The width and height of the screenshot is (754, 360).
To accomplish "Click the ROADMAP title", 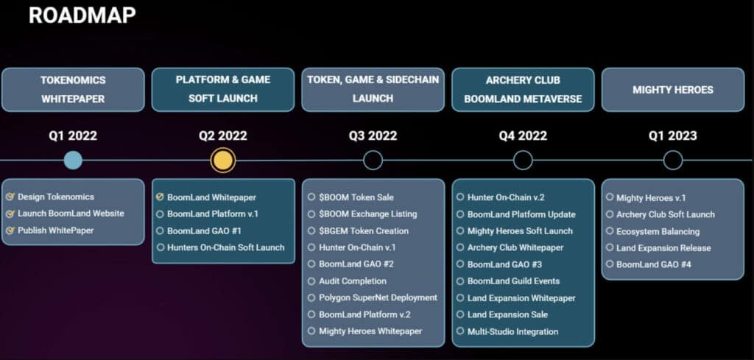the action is (x=82, y=16).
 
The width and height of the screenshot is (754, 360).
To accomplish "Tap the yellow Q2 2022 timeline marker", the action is (x=223, y=160).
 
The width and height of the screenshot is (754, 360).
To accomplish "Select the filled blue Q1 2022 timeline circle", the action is (x=73, y=160).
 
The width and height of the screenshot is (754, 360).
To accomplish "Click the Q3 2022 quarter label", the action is (x=373, y=136).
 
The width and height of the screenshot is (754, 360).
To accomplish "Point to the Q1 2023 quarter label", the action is (x=673, y=136).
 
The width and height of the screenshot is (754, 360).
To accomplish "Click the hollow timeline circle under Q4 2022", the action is (x=524, y=151).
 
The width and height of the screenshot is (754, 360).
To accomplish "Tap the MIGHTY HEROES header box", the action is (x=673, y=90).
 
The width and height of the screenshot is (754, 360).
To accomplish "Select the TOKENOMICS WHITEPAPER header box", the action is (x=73, y=90).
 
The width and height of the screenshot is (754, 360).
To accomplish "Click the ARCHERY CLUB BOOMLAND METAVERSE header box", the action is (x=523, y=90).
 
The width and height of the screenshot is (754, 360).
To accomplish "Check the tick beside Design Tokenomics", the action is (x=10, y=197).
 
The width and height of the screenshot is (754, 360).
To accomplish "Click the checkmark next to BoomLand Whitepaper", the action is (x=160, y=197).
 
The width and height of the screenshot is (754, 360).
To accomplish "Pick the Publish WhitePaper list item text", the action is (x=56, y=230).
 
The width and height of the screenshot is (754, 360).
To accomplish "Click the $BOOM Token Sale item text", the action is (x=356, y=197).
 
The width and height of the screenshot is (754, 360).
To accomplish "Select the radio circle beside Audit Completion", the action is (x=311, y=280).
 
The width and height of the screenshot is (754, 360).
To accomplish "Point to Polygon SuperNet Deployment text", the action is (x=378, y=298).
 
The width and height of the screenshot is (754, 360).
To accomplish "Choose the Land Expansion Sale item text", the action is (x=507, y=315).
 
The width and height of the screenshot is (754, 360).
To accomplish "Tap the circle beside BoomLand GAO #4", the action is (x=610, y=264).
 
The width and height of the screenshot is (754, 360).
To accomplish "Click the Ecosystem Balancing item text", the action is (x=658, y=232).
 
